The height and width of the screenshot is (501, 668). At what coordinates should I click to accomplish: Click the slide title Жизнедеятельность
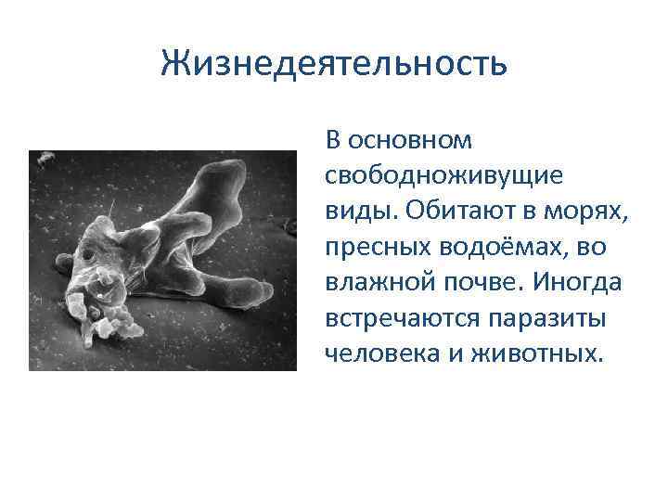(334, 64)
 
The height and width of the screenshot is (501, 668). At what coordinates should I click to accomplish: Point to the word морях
(594, 211)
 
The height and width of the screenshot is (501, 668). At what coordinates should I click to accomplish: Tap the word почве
(484, 282)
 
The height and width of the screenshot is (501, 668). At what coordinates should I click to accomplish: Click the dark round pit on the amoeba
(87, 254)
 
